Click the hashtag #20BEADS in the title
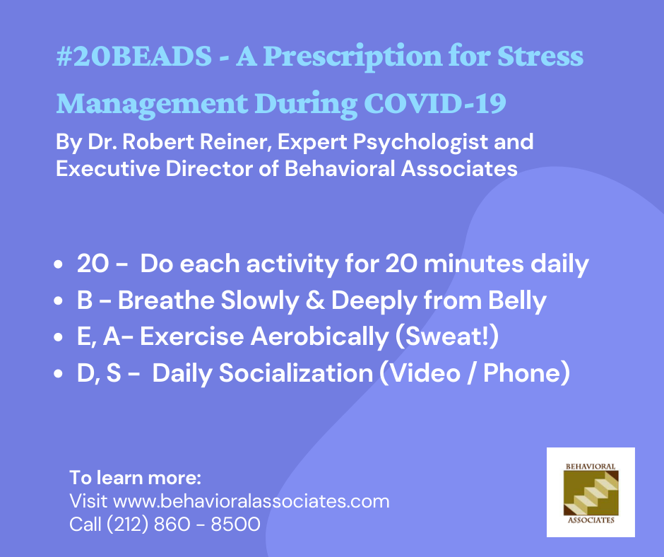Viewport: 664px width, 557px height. point(134,56)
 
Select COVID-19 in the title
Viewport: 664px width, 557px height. point(435,103)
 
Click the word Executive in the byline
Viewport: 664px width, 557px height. point(107,168)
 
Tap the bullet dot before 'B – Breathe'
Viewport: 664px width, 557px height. point(59,301)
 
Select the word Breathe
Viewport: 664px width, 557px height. point(166,300)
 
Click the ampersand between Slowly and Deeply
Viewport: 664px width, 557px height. point(315,300)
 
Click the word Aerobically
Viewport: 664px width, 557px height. point(319,337)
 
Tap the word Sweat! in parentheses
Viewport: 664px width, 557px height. point(446,337)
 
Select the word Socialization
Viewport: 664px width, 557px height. point(295,373)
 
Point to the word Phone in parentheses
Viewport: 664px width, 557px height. point(522,373)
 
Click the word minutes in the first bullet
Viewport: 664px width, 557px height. point(473,264)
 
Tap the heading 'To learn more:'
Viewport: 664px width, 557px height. point(135,478)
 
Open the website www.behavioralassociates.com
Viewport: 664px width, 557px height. point(251,501)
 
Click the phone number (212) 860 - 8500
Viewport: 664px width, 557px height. point(183,524)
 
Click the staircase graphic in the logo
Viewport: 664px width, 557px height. point(591,493)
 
